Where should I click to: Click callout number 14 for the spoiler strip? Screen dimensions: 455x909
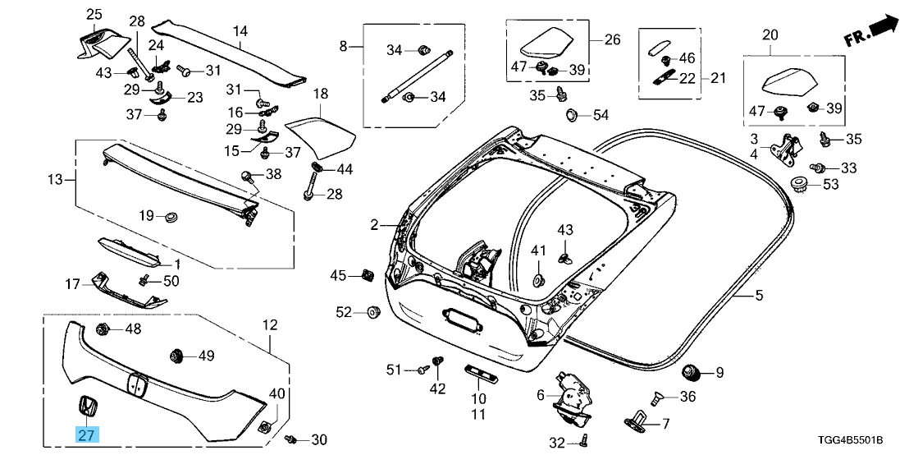pos(240,32)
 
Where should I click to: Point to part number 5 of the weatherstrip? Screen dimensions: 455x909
pos(760,293)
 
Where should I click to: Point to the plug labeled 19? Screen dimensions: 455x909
pos(171,217)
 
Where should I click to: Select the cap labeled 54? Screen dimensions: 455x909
pos(572,114)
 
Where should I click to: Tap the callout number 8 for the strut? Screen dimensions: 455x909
pos(344,46)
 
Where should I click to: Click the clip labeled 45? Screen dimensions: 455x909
pos(367,273)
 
